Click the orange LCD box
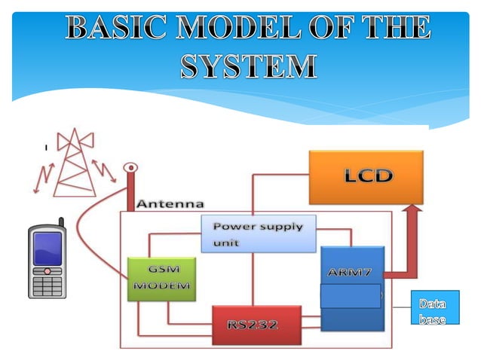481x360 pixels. click(366, 177)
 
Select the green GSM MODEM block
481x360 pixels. click(161, 279)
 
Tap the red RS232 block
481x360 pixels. click(257, 325)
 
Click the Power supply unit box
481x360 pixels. click(259, 233)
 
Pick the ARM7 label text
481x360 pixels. click(349, 272)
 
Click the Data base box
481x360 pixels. click(435, 307)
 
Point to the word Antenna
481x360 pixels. click(170, 204)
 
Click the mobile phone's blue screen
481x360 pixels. click(47, 249)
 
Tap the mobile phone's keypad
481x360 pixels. click(47, 286)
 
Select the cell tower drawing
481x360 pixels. click(75, 163)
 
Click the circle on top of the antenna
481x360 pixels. click(130, 167)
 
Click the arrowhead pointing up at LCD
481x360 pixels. click(412, 208)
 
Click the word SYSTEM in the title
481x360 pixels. click(249, 66)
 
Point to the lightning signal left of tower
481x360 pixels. click(43, 178)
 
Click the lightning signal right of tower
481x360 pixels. click(104, 171)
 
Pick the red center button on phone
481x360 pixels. click(47, 271)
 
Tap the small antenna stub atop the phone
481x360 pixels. click(61, 222)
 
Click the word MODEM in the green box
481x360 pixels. click(161, 285)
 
